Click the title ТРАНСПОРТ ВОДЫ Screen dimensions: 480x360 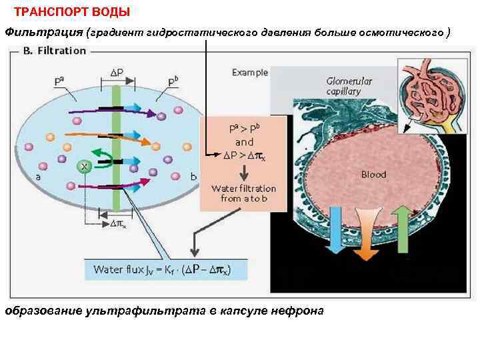pos(72,12)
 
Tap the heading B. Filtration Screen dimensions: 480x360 pos(55,51)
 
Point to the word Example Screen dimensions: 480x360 pos(250,72)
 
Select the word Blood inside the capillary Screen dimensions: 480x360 pos(373,175)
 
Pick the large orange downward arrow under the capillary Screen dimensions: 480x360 pos(363,233)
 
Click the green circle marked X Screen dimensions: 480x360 pos(85,165)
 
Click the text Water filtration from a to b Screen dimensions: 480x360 pos(244,193)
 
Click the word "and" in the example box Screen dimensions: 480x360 pos(245,142)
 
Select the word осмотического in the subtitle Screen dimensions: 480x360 pos(403,32)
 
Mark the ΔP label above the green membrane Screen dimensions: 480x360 pos(116,72)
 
